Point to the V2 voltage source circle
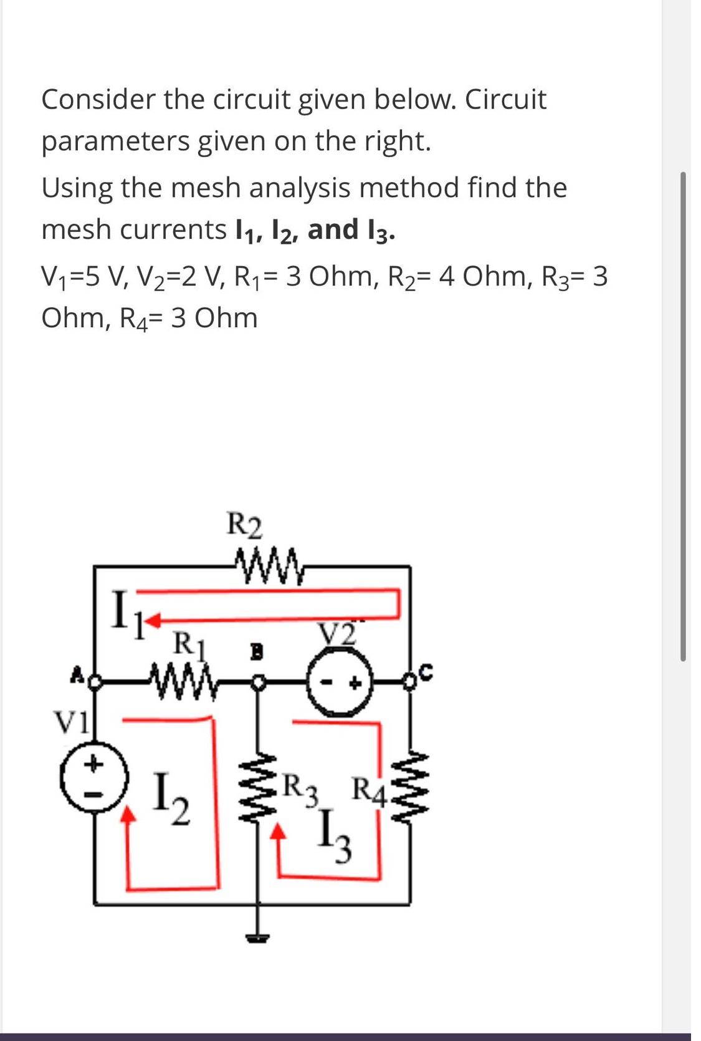point(340,683)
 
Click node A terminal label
point(79,673)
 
